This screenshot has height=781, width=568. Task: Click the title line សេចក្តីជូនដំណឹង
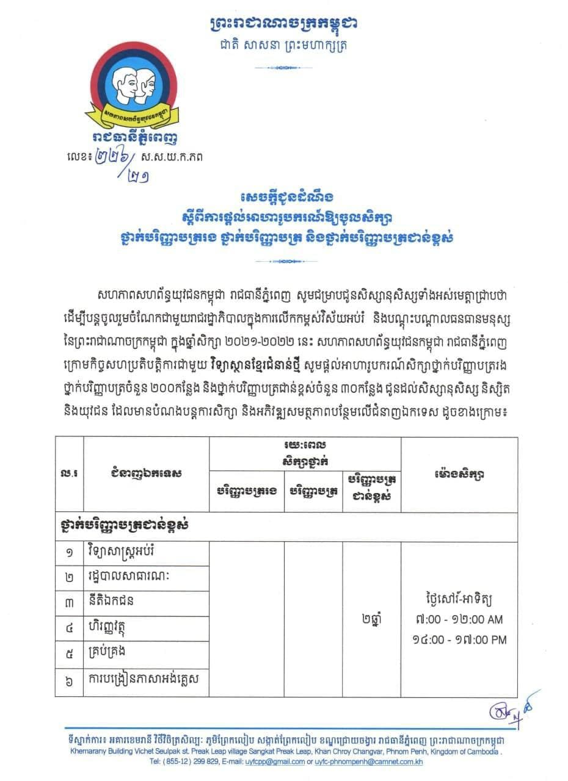[283, 199]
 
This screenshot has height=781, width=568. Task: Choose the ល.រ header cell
[69, 473]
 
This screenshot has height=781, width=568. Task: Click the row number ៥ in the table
[69, 653]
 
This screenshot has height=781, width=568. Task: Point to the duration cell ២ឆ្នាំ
[371, 618]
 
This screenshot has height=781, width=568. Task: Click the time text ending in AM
[458, 619]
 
